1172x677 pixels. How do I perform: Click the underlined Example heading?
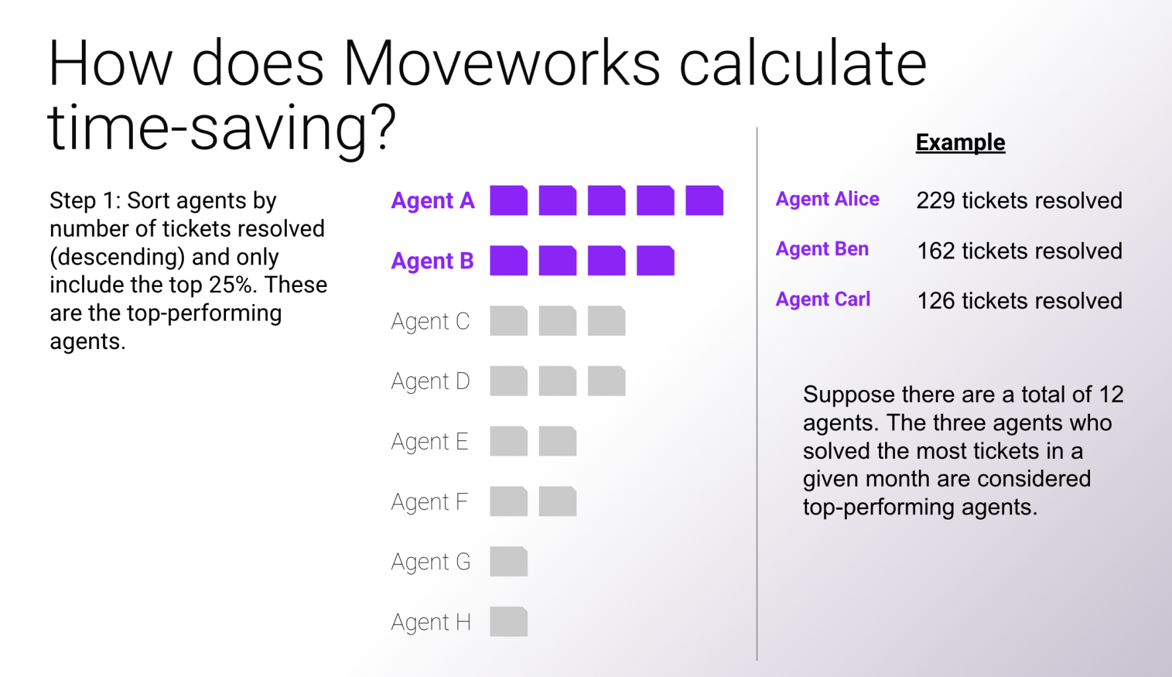pos(960,143)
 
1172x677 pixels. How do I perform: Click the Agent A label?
pos(433,201)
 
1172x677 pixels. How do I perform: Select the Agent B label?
pos(432,261)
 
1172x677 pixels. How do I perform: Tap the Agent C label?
pos(430,321)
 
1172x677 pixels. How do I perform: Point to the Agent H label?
pos(431,622)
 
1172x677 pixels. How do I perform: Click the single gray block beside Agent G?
pos(508,562)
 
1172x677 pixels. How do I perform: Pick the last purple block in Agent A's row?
pos(704,200)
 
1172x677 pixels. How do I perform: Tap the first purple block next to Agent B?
pos(508,260)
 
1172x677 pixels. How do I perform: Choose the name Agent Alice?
pos(827,199)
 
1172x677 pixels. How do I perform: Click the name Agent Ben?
pos(822,249)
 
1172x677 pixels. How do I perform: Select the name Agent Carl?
pos(823,299)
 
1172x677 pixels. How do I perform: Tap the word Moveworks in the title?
pos(502,63)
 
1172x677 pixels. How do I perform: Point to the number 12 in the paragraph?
pos(1111,395)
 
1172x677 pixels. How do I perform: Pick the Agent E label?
pos(430,442)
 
